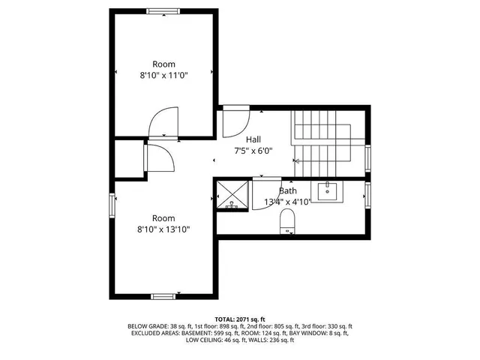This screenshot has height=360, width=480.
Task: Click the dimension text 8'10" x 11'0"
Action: (163, 76)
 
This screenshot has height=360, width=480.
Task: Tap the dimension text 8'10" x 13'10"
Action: (163, 229)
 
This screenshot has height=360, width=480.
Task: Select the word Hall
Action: (253, 139)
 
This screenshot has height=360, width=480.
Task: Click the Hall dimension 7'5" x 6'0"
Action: (253, 151)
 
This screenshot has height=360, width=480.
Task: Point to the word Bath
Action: (288, 191)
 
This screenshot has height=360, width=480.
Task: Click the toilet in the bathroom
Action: (286, 220)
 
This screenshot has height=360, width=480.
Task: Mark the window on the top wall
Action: (163, 11)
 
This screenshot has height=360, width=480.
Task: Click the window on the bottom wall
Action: (163, 296)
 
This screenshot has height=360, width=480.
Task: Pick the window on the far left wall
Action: (112, 204)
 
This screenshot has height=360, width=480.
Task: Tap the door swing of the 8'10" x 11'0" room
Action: (163, 123)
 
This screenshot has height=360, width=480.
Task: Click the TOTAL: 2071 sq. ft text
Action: (240, 319)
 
